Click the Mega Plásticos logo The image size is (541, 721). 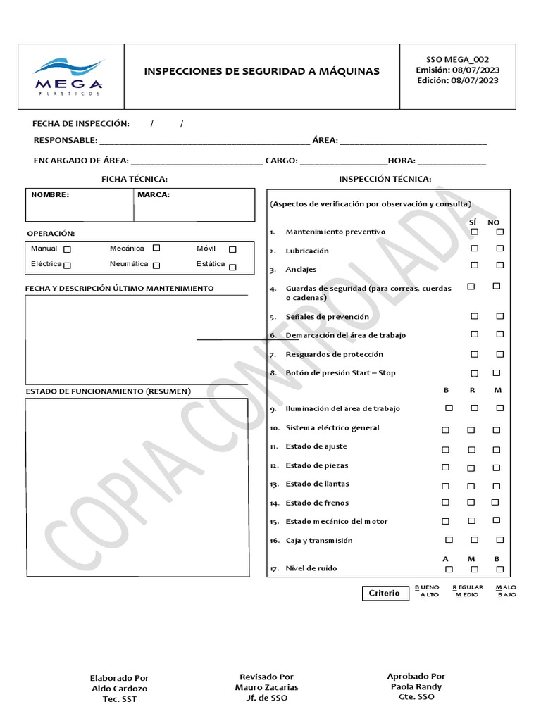click(68, 76)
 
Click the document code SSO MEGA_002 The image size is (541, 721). click(457, 60)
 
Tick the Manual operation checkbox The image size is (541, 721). click(67, 249)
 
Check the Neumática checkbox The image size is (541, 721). click(156, 265)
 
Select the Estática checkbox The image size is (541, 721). click(232, 267)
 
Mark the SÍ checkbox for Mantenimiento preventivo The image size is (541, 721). click(475, 232)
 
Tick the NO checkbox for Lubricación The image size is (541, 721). click(499, 248)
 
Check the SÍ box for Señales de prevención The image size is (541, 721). click(475, 316)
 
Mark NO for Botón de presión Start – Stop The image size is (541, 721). click(497, 372)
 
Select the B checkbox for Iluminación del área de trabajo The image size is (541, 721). click(449, 408)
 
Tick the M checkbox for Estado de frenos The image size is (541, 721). click(495, 502)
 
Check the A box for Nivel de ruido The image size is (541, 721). click(449, 569)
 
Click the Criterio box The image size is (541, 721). click(384, 593)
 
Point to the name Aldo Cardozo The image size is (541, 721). click(120, 689)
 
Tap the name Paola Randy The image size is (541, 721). click(416, 686)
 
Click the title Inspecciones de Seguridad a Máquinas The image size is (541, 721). click(261, 71)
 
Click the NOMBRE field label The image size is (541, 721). click(50, 195)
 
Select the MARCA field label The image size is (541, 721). click(154, 195)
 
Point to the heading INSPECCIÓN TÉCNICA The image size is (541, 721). click(385, 180)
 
